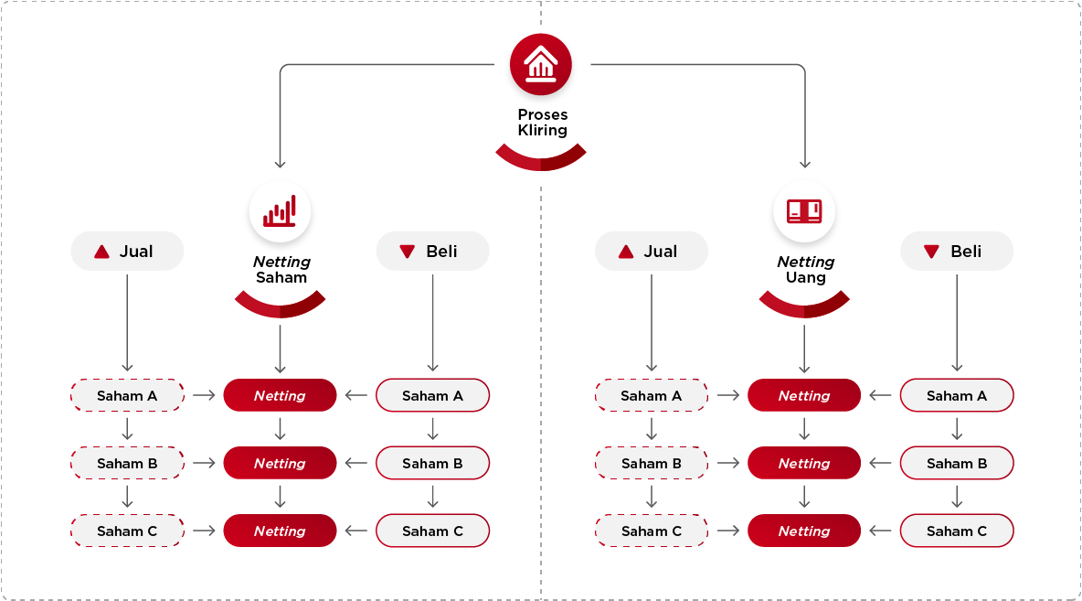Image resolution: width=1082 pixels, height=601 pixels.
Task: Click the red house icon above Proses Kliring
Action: pyautogui.click(x=541, y=64)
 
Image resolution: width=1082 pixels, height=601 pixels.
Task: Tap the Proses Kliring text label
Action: pyautogui.click(x=542, y=123)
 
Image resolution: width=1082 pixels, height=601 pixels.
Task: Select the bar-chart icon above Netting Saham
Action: pyautogui.click(x=280, y=211)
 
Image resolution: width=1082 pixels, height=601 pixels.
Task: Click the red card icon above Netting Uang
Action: pyautogui.click(x=804, y=211)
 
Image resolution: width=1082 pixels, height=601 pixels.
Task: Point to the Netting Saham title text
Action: pyautogui.click(x=281, y=269)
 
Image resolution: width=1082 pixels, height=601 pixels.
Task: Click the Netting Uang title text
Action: pyautogui.click(x=805, y=269)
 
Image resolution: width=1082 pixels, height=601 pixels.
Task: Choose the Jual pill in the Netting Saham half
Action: pyautogui.click(x=127, y=252)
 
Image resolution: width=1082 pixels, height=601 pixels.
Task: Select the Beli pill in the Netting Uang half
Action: pyautogui.click(x=957, y=252)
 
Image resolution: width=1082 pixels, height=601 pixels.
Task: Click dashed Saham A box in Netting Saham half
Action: pyautogui.click(x=127, y=396)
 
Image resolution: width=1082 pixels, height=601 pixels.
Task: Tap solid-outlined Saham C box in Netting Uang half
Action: pyautogui.click(x=957, y=531)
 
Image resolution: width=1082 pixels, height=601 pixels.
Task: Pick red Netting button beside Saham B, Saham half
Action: pyautogui.click(x=280, y=464)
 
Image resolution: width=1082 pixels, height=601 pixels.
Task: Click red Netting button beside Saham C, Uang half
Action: pyautogui.click(x=804, y=531)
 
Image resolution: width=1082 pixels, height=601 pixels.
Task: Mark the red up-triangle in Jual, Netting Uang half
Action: pyautogui.click(x=626, y=252)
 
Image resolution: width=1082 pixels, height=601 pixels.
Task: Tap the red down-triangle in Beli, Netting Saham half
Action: pyautogui.click(x=408, y=252)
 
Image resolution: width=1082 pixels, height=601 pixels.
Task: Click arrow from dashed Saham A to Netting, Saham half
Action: pyautogui.click(x=204, y=396)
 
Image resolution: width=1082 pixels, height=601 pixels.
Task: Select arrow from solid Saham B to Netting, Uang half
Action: pyautogui.click(x=880, y=464)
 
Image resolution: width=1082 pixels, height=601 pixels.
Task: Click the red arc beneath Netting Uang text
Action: pyautogui.click(x=804, y=306)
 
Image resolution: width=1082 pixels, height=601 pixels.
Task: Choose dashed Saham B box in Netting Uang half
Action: pyautogui.click(x=652, y=464)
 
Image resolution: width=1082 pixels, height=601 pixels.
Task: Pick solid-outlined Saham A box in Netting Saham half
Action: pyautogui.click(x=432, y=396)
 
